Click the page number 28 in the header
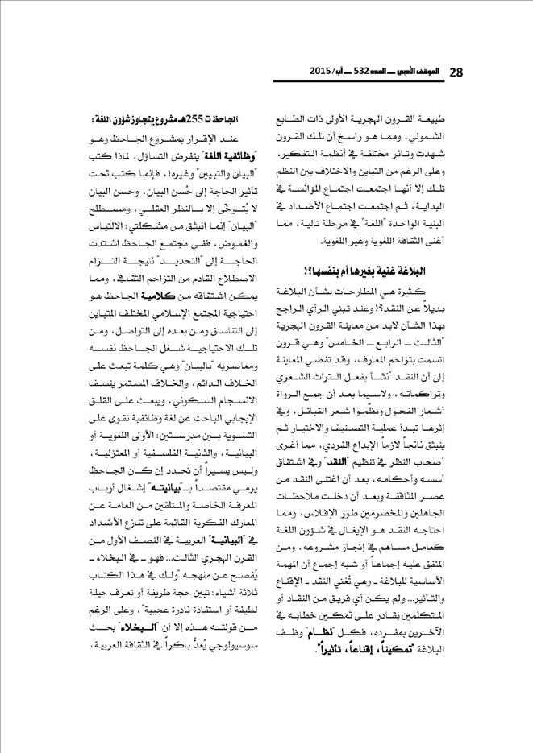point(456,72)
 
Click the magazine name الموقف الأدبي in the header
point(416,72)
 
